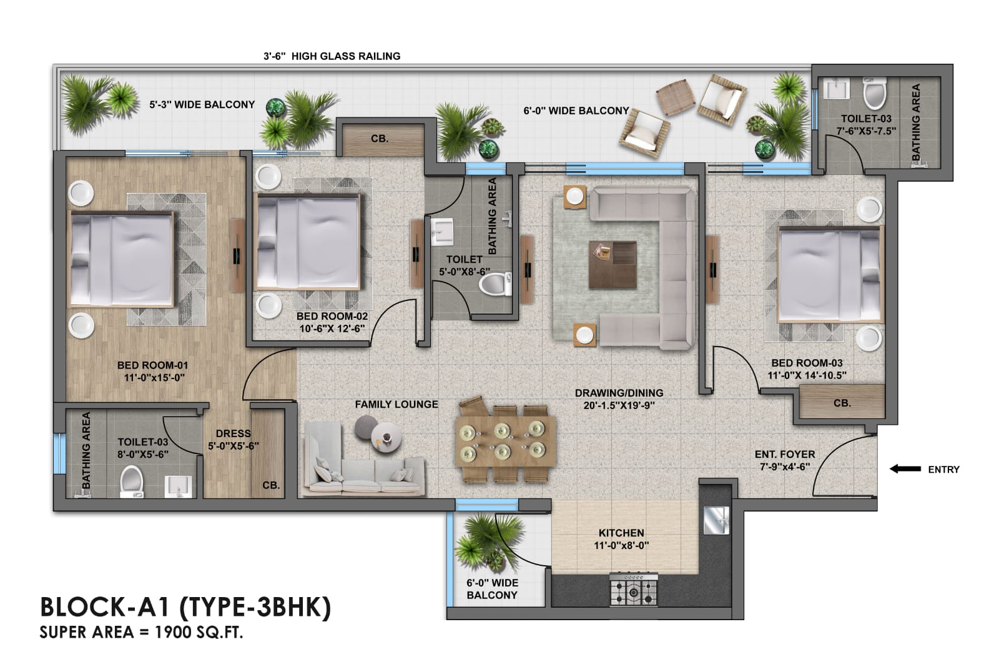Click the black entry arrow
coord(905,469)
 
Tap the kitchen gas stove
coord(634,589)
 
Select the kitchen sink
coord(716,520)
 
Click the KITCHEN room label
coord(621,533)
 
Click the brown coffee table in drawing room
coord(613,264)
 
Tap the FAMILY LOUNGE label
coord(396,404)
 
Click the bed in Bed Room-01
coord(121,259)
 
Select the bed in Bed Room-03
coord(830,275)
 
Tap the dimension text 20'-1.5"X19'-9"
coord(619,405)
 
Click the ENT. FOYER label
coord(785,454)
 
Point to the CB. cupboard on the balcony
coord(380,139)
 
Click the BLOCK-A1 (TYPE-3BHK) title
coord(185,607)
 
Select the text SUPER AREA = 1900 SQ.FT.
coord(141,632)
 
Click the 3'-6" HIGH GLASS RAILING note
coord(332,56)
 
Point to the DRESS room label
coord(233,433)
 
